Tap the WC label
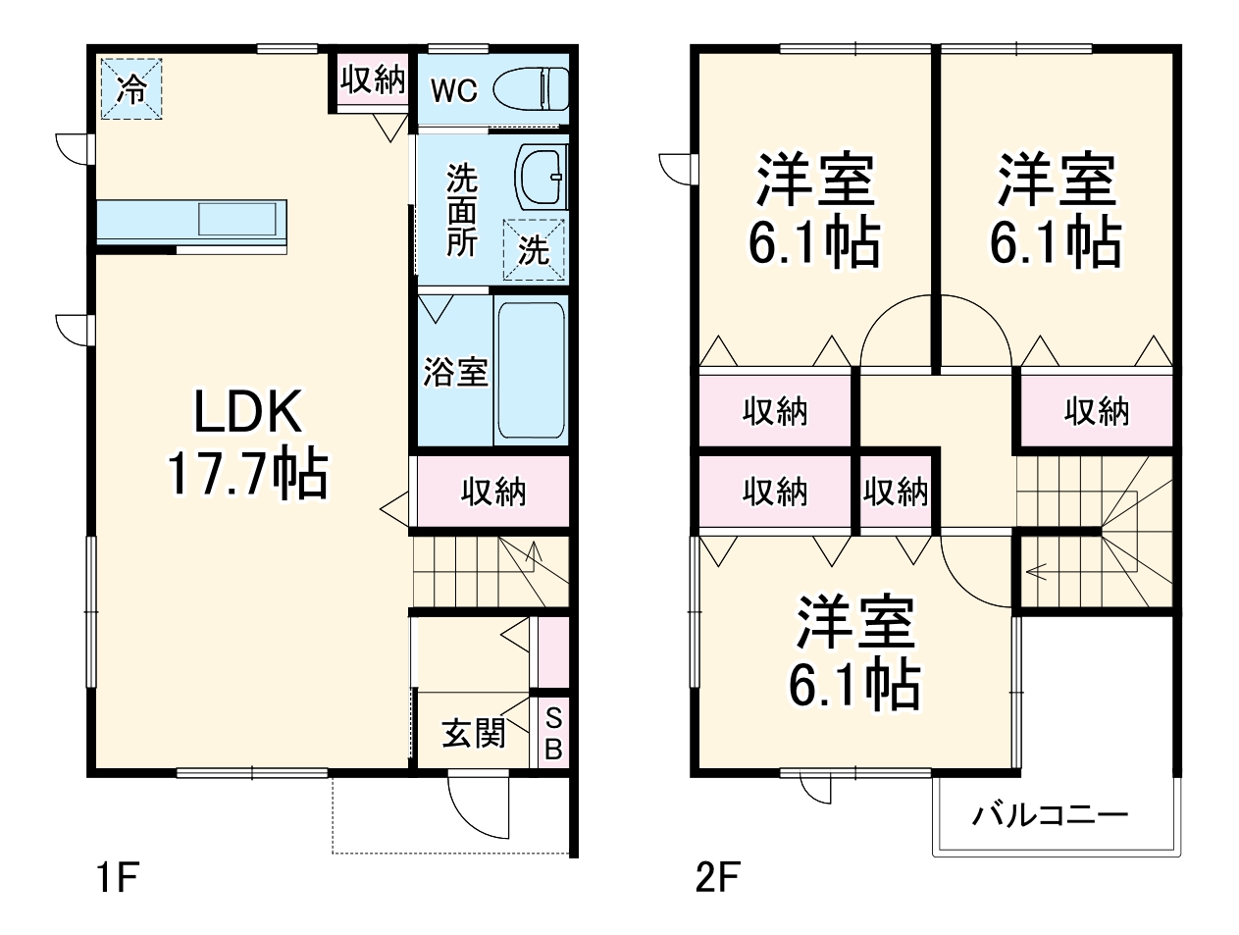pyautogui.click(x=454, y=90)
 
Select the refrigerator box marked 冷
pyautogui.click(x=130, y=89)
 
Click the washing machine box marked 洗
pyautogui.click(x=535, y=249)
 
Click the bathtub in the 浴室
pyautogui.click(x=531, y=371)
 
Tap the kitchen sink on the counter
pyautogui.click(x=238, y=218)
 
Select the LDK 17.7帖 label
pyautogui.click(x=247, y=444)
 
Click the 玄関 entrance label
pyautogui.click(x=473, y=732)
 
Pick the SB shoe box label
pyautogui.click(x=553, y=733)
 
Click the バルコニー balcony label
pyautogui.click(x=1051, y=814)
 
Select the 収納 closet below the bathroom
pyautogui.click(x=493, y=491)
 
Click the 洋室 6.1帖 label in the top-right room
pyautogui.click(x=1056, y=210)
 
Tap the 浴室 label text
pyautogui.click(x=455, y=372)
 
